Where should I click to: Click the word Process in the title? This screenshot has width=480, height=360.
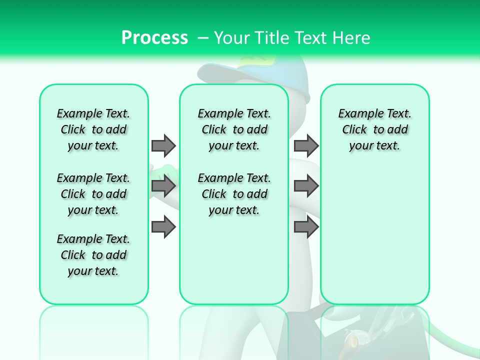(154, 37)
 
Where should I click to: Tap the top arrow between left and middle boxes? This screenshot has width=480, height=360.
(163, 145)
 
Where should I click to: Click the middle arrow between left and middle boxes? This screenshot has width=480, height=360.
(163, 186)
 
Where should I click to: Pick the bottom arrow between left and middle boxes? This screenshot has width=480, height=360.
(163, 227)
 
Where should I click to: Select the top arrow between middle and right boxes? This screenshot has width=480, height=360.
(306, 145)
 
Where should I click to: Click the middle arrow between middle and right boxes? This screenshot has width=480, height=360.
(306, 186)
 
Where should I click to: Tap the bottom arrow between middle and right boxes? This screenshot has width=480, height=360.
(306, 227)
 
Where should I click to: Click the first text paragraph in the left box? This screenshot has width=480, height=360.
(93, 129)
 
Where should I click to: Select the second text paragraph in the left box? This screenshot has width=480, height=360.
(93, 194)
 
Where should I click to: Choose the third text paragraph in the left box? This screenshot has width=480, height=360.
(93, 255)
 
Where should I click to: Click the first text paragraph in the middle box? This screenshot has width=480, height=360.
(234, 129)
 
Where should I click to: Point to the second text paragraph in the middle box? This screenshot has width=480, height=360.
(234, 194)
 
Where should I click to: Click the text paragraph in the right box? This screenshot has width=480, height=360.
(374, 129)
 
